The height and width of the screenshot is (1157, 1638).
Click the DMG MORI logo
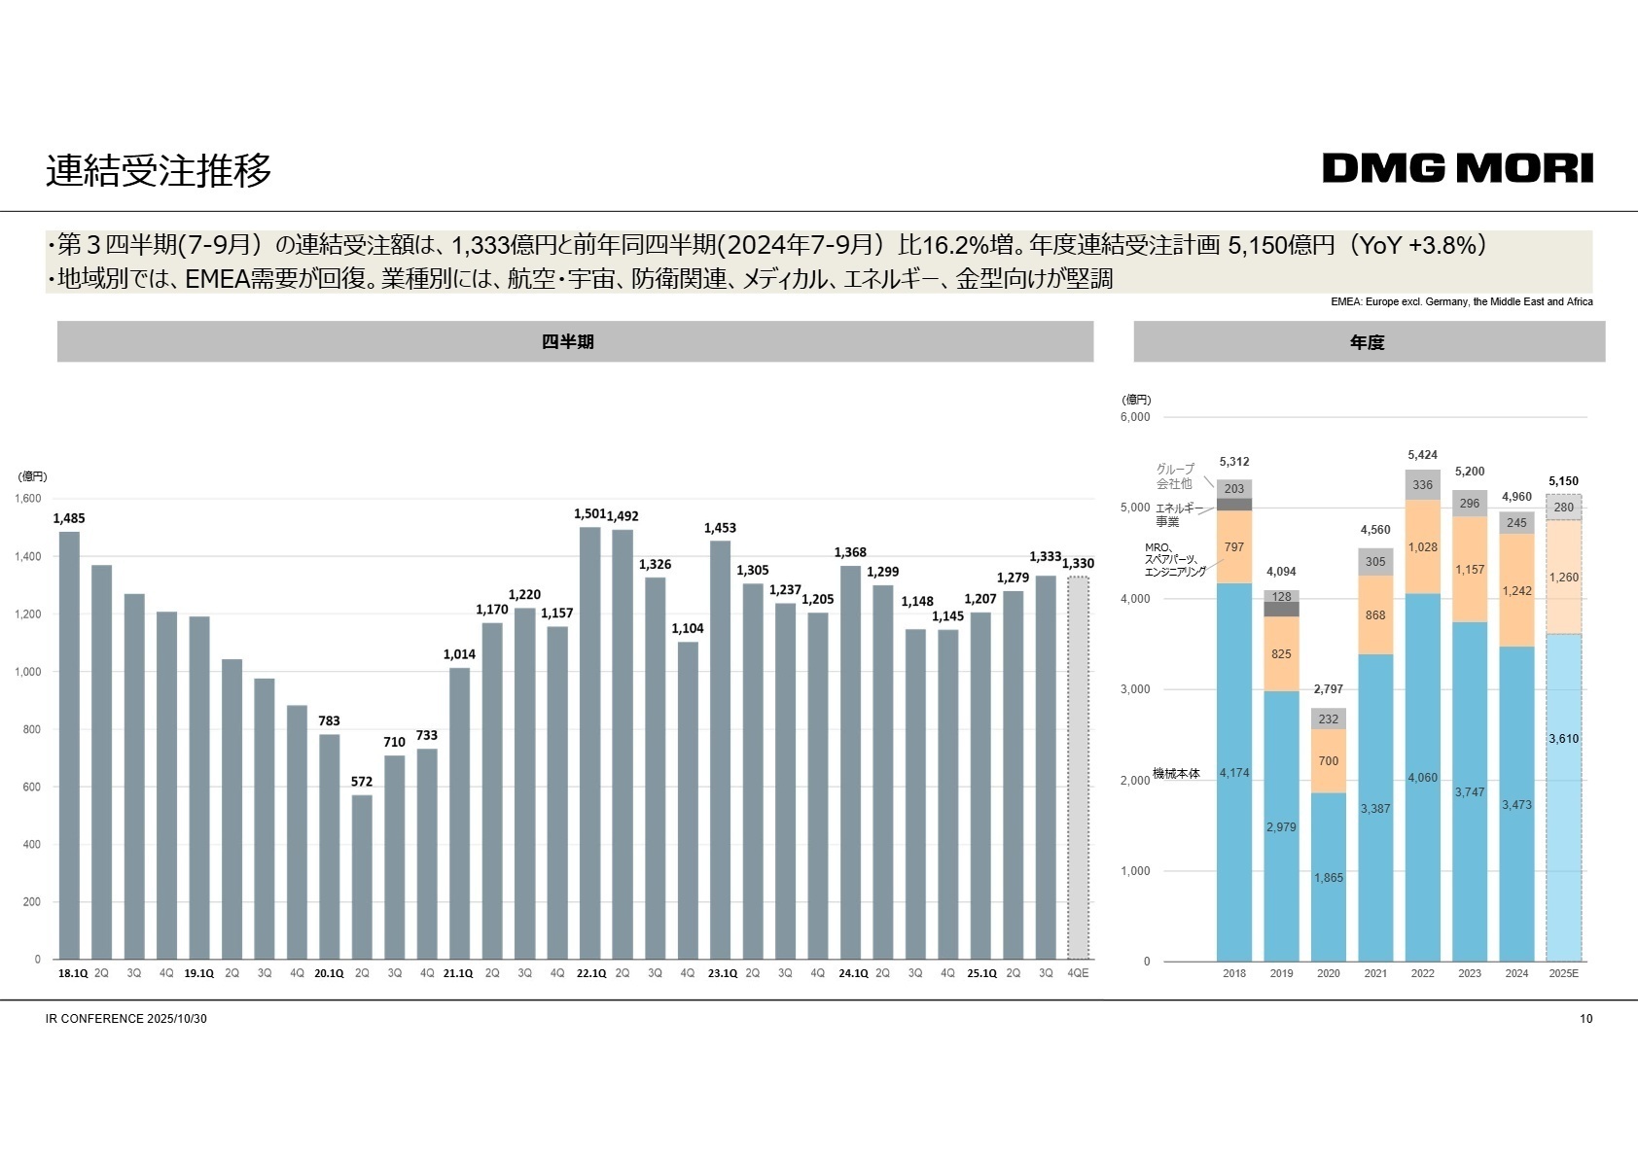point(1457,168)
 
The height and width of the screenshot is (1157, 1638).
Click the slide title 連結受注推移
point(159,171)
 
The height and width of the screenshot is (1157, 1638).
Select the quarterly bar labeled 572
point(362,875)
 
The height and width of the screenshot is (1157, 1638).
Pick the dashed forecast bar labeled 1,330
point(1078,768)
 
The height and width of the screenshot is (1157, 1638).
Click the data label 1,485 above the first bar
point(69,518)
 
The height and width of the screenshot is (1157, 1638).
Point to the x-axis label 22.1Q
point(590,973)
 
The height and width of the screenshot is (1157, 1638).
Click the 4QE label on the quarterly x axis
point(1078,973)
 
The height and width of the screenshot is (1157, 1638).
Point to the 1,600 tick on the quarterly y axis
point(28,498)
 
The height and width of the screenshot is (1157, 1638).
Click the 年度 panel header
point(1369,341)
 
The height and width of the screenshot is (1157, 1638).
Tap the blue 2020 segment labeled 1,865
point(1329,877)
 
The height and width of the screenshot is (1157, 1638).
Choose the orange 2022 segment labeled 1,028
point(1423,546)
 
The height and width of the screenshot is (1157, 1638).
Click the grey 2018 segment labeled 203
point(1234,489)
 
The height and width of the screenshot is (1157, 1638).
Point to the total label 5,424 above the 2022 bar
point(1422,455)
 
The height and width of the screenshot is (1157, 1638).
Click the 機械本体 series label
point(1176,774)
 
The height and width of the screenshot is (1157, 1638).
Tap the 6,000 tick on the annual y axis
point(1135,417)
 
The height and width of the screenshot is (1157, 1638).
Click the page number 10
point(1586,1019)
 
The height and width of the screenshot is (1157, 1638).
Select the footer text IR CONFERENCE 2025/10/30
point(126,1019)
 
